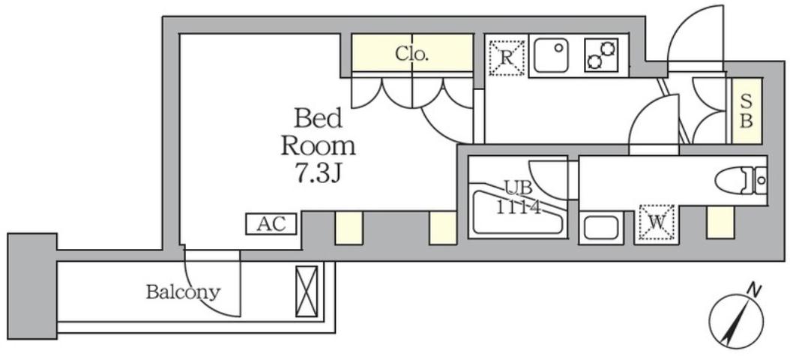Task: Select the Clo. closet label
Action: point(411,54)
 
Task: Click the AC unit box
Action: point(272,223)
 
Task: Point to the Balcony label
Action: point(183,292)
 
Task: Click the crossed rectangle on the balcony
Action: point(307,291)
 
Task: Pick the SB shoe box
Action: point(747,111)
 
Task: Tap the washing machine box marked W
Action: point(656,223)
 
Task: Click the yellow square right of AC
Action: point(348,227)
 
